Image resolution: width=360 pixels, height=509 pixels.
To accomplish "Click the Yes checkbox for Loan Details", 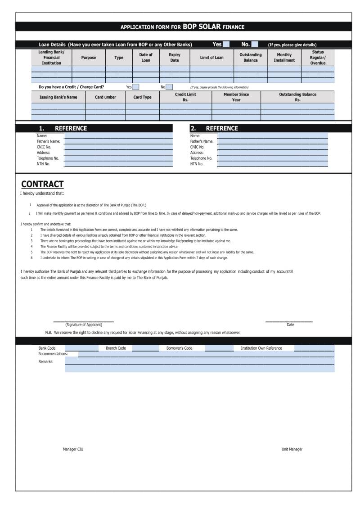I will click(x=226, y=44).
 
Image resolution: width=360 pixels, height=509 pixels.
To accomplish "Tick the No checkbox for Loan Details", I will click(x=254, y=44).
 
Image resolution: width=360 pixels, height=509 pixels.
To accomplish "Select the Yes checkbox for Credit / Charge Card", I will click(x=135, y=87).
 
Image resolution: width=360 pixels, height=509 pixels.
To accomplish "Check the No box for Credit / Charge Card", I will click(x=169, y=87).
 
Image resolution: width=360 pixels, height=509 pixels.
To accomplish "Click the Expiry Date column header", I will click(x=175, y=58).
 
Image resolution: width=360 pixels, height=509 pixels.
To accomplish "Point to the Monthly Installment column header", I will click(x=284, y=58).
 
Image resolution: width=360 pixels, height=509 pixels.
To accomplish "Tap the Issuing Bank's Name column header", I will click(x=58, y=97).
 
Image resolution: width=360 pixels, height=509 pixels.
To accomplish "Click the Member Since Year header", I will click(x=236, y=97).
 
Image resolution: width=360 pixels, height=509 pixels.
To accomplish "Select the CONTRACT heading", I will click(x=42, y=184).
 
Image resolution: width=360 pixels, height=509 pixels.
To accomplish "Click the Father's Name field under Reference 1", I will click(x=118, y=141).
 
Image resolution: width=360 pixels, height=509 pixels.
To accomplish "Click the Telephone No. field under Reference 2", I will click(x=272, y=158).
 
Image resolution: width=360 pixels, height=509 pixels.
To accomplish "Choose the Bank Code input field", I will click(x=81, y=348).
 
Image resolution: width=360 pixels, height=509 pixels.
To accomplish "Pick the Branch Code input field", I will click(x=145, y=348).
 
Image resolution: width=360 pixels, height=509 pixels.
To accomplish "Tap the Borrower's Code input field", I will click(x=219, y=348).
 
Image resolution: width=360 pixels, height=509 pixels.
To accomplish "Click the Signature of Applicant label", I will click(x=84, y=324).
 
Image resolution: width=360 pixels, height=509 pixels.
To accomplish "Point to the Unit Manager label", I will click(x=292, y=449).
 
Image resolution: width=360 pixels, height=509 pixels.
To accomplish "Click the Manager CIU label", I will click(x=73, y=449).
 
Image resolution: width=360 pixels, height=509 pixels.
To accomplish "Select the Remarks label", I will click(x=46, y=361).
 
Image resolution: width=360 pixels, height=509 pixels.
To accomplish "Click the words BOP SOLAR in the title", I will click(x=202, y=27).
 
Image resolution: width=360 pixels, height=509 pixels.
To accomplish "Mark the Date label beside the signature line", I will click(x=290, y=324).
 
